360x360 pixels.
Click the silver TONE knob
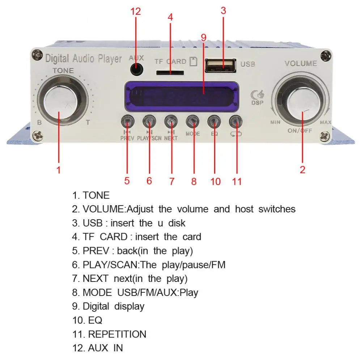pyautogui.click(x=61, y=103)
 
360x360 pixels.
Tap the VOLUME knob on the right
pyautogui.click(x=303, y=102)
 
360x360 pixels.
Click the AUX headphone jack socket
pyautogui.click(x=136, y=68)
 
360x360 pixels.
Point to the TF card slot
pyautogui.click(x=169, y=73)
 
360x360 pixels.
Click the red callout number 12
pyautogui.click(x=135, y=11)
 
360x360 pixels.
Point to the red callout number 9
pyautogui.click(x=203, y=37)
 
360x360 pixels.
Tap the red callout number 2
pyautogui.click(x=303, y=169)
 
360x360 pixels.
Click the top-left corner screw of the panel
pyautogui.click(x=37, y=55)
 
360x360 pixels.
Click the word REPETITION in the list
pyautogui.click(x=117, y=334)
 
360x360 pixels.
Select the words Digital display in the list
pyautogui.click(x=113, y=306)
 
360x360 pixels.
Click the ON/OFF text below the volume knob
pyautogui.click(x=300, y=130)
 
